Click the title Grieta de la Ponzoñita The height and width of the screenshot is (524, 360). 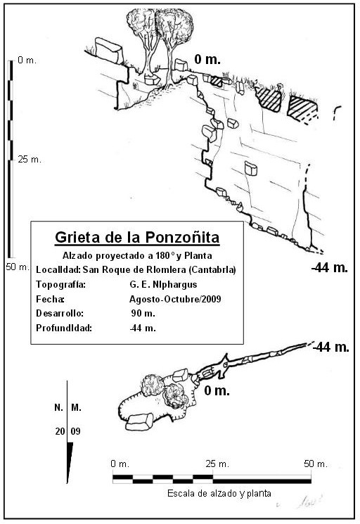[x=137, y=238]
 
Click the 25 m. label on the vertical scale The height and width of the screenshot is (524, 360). [x=30, y=160]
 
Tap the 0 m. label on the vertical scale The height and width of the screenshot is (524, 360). [x=27, y=60]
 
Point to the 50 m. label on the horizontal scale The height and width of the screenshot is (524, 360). [x=316, y=464]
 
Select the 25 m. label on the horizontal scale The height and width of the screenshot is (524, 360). [x=217, y=464]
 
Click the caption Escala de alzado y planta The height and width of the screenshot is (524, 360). [x=219, y=493]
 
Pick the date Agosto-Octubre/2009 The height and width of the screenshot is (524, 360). [x=175, y=299]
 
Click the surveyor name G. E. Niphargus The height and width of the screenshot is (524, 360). [x=163, y=284]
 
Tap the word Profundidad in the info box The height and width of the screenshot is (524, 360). [x=64, y=328]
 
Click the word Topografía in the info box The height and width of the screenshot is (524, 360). [x=60, y=285]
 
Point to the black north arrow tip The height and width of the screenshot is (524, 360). [x=67, y=483]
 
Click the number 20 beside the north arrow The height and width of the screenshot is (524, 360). [x=60, y=431]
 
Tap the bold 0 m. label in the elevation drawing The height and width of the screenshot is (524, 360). [x=207, y=60]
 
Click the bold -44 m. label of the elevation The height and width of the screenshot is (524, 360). [x=330, y=267]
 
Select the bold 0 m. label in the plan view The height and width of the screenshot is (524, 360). [x=217, y=390]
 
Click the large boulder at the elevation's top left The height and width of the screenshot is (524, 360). [x=108, y=50]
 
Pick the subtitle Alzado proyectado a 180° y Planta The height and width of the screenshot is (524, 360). [x=137, y=255]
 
